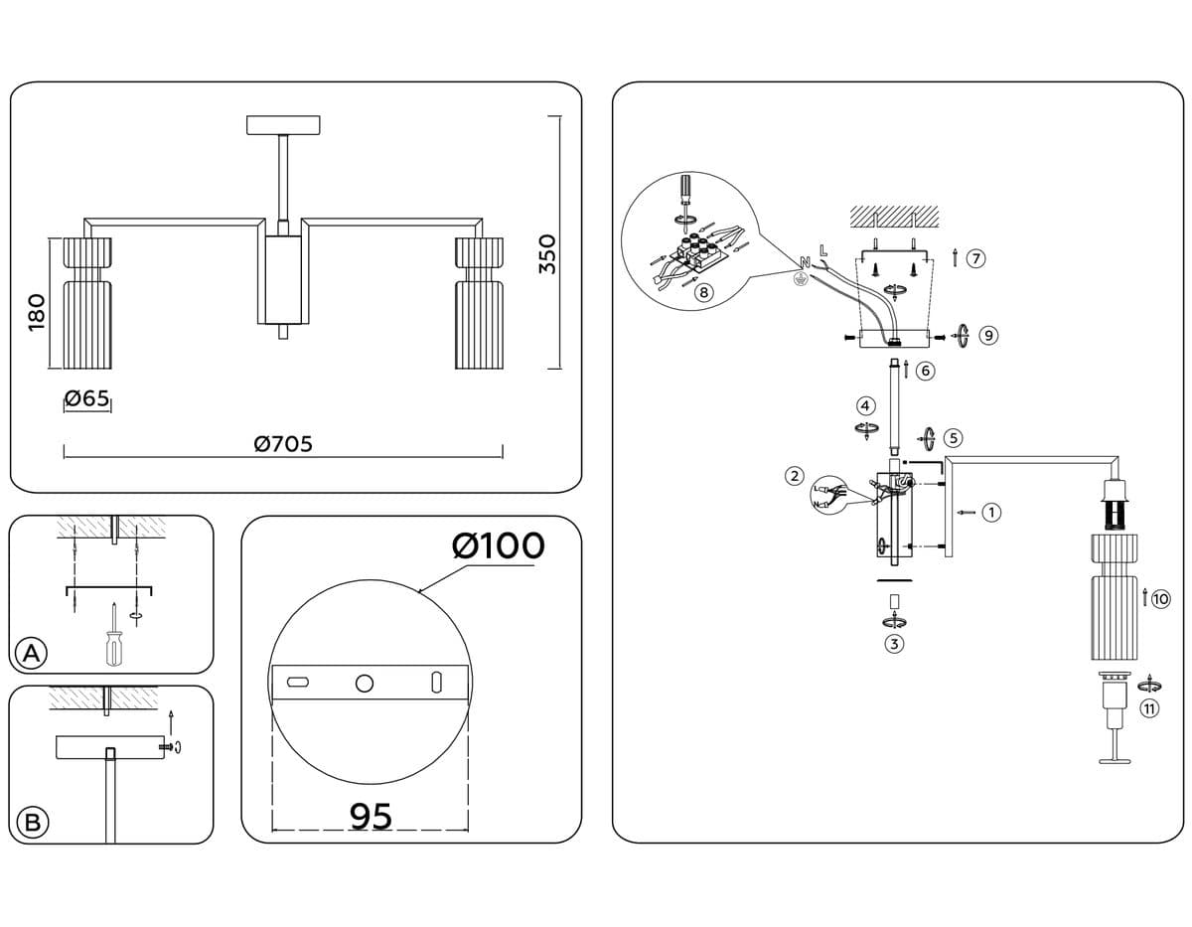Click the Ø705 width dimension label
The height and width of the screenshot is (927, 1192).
click(283, 444)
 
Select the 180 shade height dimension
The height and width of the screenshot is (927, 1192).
click(36, 312)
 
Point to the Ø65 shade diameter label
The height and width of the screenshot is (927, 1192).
click(86, 399)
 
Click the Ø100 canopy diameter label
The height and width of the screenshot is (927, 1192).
click(498, 545)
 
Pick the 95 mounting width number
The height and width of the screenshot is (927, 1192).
click(372, 816)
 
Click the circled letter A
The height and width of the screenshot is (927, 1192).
click(32, 653)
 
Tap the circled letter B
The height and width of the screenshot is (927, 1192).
click(32, 823)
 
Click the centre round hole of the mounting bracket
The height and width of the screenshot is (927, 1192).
click(365, 683)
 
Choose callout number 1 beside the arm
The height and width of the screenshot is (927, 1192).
click(991, 513)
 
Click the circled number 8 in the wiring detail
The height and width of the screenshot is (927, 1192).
click(703, 292)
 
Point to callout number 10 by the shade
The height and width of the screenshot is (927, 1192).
click(1160, 598)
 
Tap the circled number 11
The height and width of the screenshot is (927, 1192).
click(1149, 708)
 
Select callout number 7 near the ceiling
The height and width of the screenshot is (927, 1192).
click(975, 259)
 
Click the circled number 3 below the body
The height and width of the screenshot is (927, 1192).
click(894, 644)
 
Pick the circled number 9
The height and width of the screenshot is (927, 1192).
click(987, 336)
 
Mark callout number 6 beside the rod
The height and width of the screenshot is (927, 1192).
click(926, 371)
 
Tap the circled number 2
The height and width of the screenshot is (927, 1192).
click(794, 475)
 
